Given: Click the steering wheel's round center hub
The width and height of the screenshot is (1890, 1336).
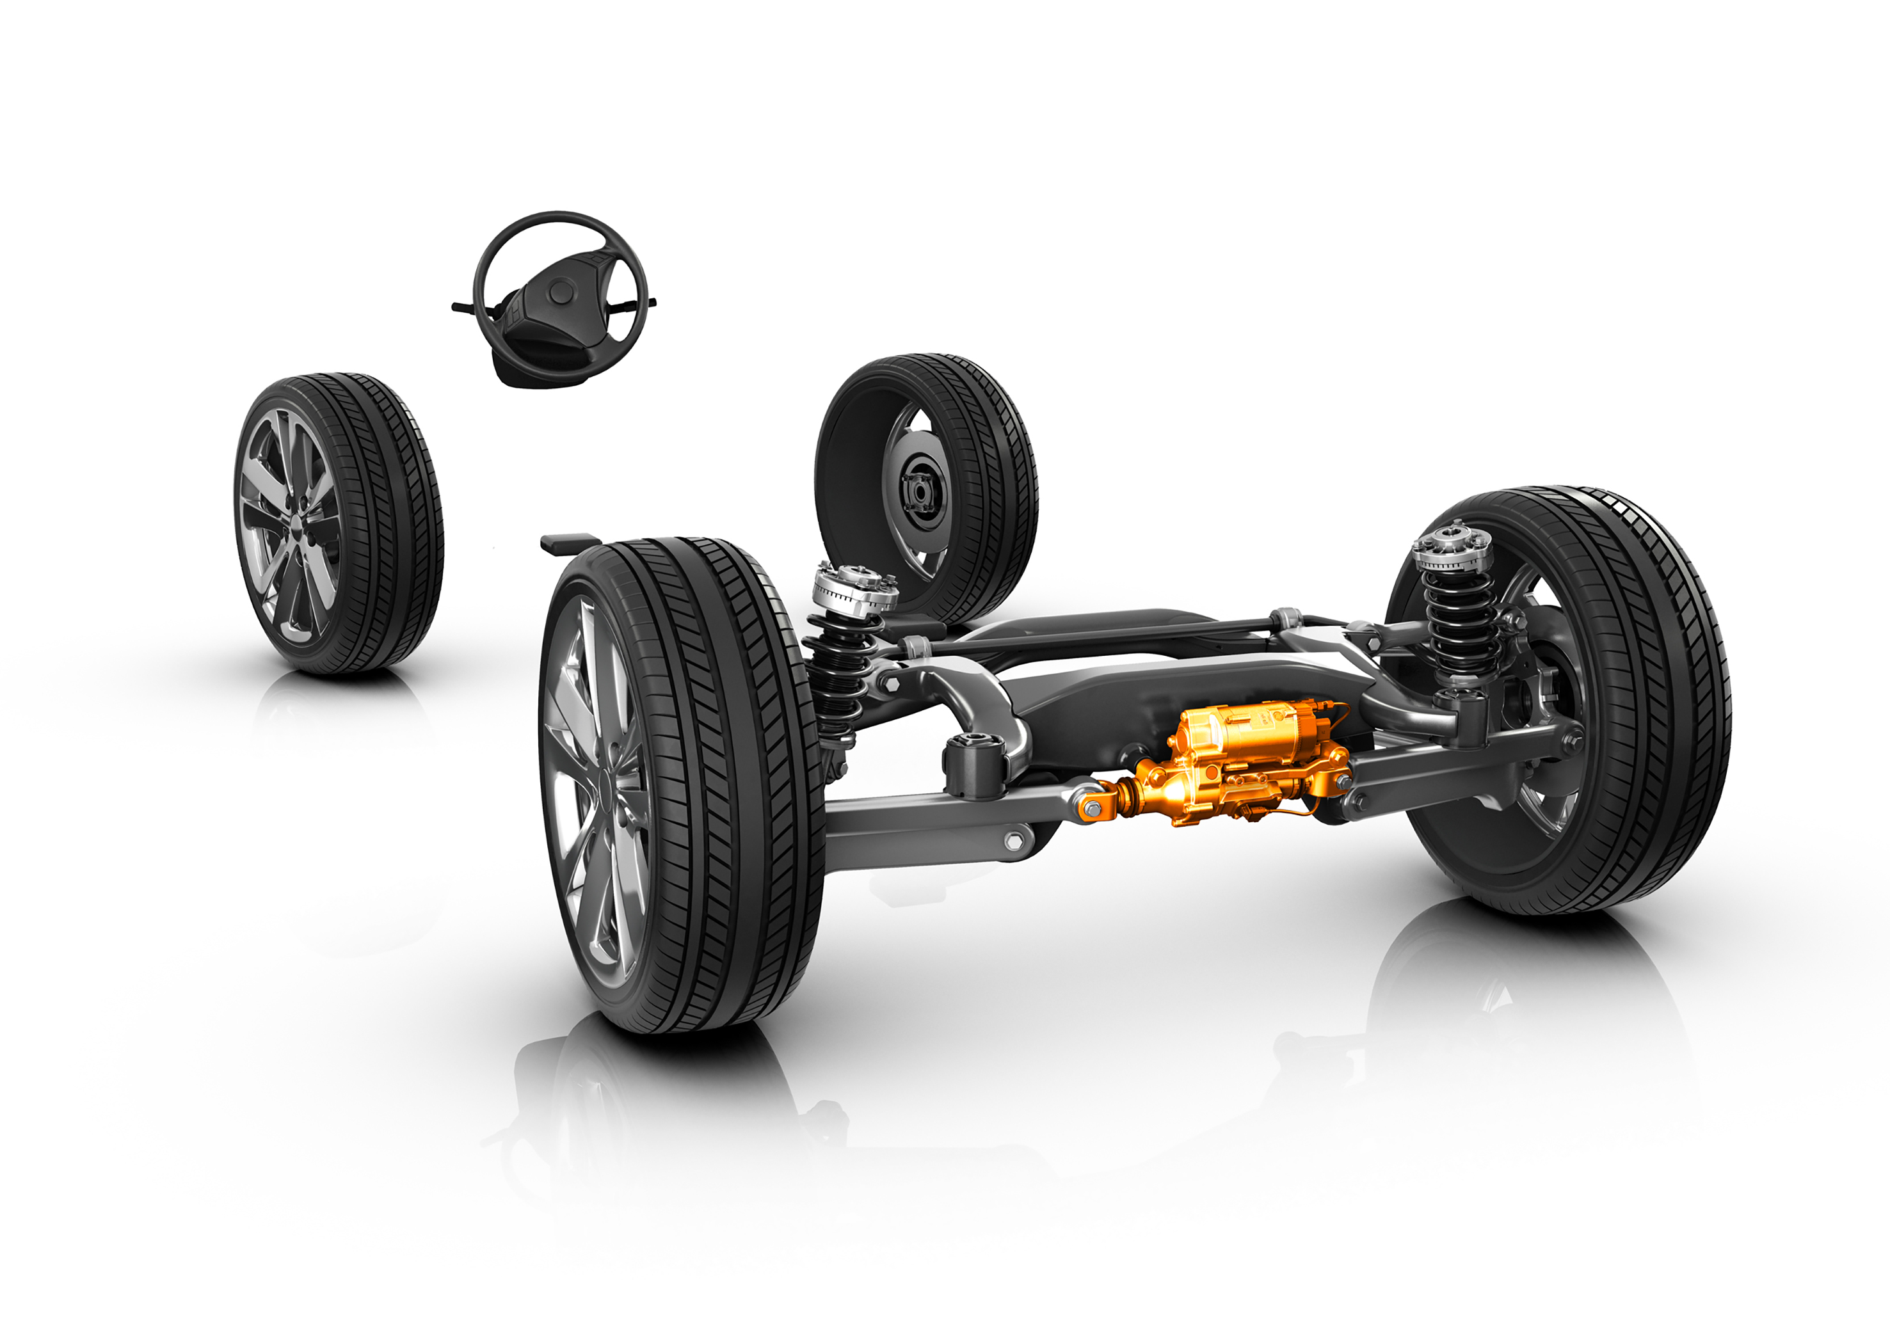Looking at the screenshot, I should (x=561, y=290).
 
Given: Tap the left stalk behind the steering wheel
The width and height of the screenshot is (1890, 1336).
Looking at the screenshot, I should (x=463, y=307).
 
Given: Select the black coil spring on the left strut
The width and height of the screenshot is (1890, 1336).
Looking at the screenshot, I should (x=833, y=675).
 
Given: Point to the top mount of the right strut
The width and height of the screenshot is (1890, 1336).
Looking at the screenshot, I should (x=1452, y=543).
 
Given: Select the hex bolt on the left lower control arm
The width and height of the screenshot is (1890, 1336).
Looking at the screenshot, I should (x=1014, y=841).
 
